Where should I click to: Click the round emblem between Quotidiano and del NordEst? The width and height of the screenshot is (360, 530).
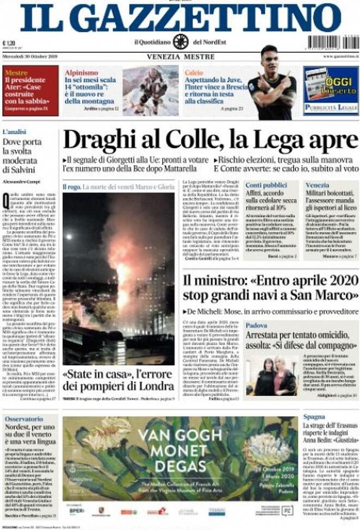tap(180, 42)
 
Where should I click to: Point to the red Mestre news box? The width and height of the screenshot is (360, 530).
tap(30, 90)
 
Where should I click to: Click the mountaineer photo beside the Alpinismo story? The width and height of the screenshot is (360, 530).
tap(150, 90)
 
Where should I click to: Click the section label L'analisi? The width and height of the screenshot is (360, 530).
tap(16, 132)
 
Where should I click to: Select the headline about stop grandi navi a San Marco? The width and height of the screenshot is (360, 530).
tap(270, 288)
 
